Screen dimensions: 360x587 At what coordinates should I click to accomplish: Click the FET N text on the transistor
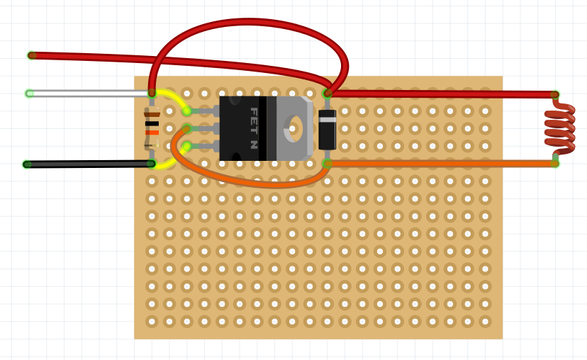[x=253, y=128]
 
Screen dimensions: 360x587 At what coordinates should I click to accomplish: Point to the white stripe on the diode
[x=327, y=119]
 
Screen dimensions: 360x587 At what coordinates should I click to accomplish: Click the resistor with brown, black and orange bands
[x=152, y=128]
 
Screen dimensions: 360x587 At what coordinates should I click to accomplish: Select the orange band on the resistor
[x=152, y=133]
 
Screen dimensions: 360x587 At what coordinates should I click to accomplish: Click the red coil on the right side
[x=560, y=128]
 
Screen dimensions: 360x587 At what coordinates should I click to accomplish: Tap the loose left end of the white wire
[x=30, y=94]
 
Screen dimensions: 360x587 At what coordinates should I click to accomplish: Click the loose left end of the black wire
[x=28, y=164]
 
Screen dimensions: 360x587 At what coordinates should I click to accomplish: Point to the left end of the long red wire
[x=32, y=55]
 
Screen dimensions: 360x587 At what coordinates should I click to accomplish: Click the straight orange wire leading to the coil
[x=440, y=164]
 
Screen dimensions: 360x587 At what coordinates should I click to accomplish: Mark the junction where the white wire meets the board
[x=152, y=93]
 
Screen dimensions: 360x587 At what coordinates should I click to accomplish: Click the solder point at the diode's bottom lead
[x=327, y=163]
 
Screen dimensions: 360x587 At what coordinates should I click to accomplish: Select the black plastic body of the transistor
[x=241, y=128]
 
